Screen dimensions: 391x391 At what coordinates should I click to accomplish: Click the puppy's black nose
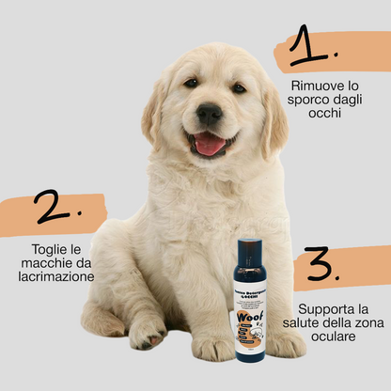[210, 114]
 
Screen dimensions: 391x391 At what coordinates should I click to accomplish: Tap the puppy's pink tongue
[210, 145]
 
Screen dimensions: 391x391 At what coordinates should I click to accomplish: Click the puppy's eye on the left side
[191, 84]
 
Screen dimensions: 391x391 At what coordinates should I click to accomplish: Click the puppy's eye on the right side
[239, 87]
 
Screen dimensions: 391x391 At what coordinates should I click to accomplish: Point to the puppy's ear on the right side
[274, 117]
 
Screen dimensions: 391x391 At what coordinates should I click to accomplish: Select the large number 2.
[54, 208]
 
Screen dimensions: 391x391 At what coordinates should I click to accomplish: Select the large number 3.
[323, 267]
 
